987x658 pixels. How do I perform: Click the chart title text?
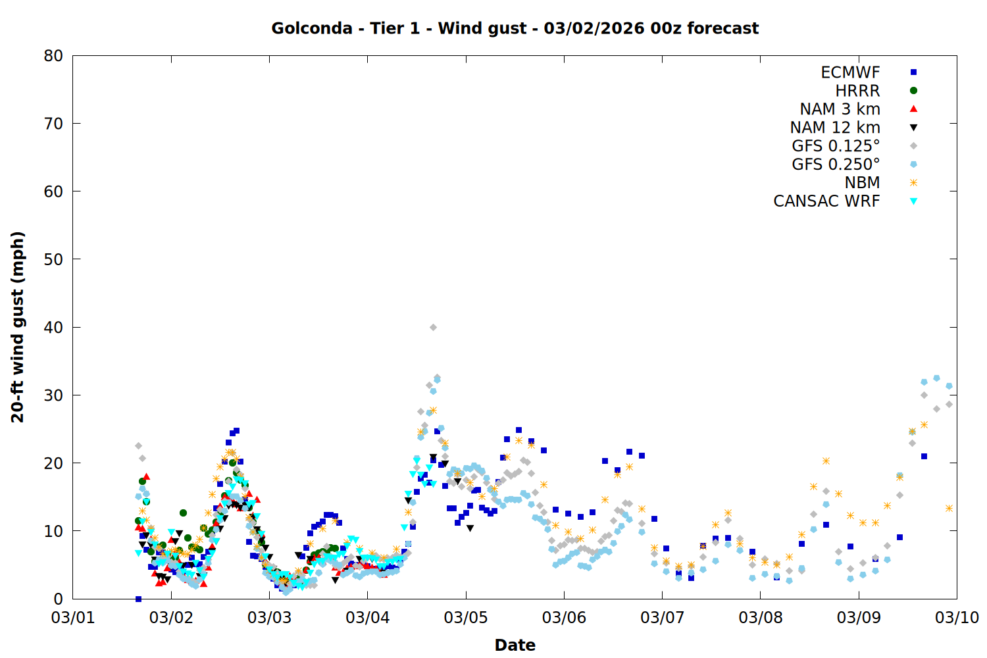(x=515, y=28)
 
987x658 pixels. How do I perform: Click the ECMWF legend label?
(x=850, y=72)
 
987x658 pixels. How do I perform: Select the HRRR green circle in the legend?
(x=913, y=91)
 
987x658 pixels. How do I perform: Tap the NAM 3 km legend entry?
(x=840, y=109)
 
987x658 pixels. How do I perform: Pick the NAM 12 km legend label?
(x=835, y=128)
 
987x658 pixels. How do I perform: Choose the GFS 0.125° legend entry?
(x=836, y=146)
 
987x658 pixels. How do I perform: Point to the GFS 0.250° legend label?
(x=836, y=164)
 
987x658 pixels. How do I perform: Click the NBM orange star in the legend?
(x=913, y=183)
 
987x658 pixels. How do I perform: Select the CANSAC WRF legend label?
(x=826, y=201)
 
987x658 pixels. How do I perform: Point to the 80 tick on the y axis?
(x=54, y=56)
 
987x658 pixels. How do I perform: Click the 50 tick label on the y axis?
(x=54, y=259)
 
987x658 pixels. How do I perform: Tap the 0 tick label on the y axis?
(x=59, y=599)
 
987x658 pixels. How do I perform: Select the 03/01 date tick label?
(x=73, y=618)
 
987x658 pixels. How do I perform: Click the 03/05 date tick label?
(x=466, y=618)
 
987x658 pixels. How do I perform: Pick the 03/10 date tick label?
(x=957, y=618)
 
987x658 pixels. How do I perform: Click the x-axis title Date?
(x=515, y=645)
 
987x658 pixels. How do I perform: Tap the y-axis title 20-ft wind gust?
(x=18, y=327)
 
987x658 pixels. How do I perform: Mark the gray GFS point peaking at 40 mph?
(x=433, y=327)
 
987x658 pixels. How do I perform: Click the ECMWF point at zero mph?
(x=138, y=599)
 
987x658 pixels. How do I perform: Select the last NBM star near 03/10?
(x=949, y=508)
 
